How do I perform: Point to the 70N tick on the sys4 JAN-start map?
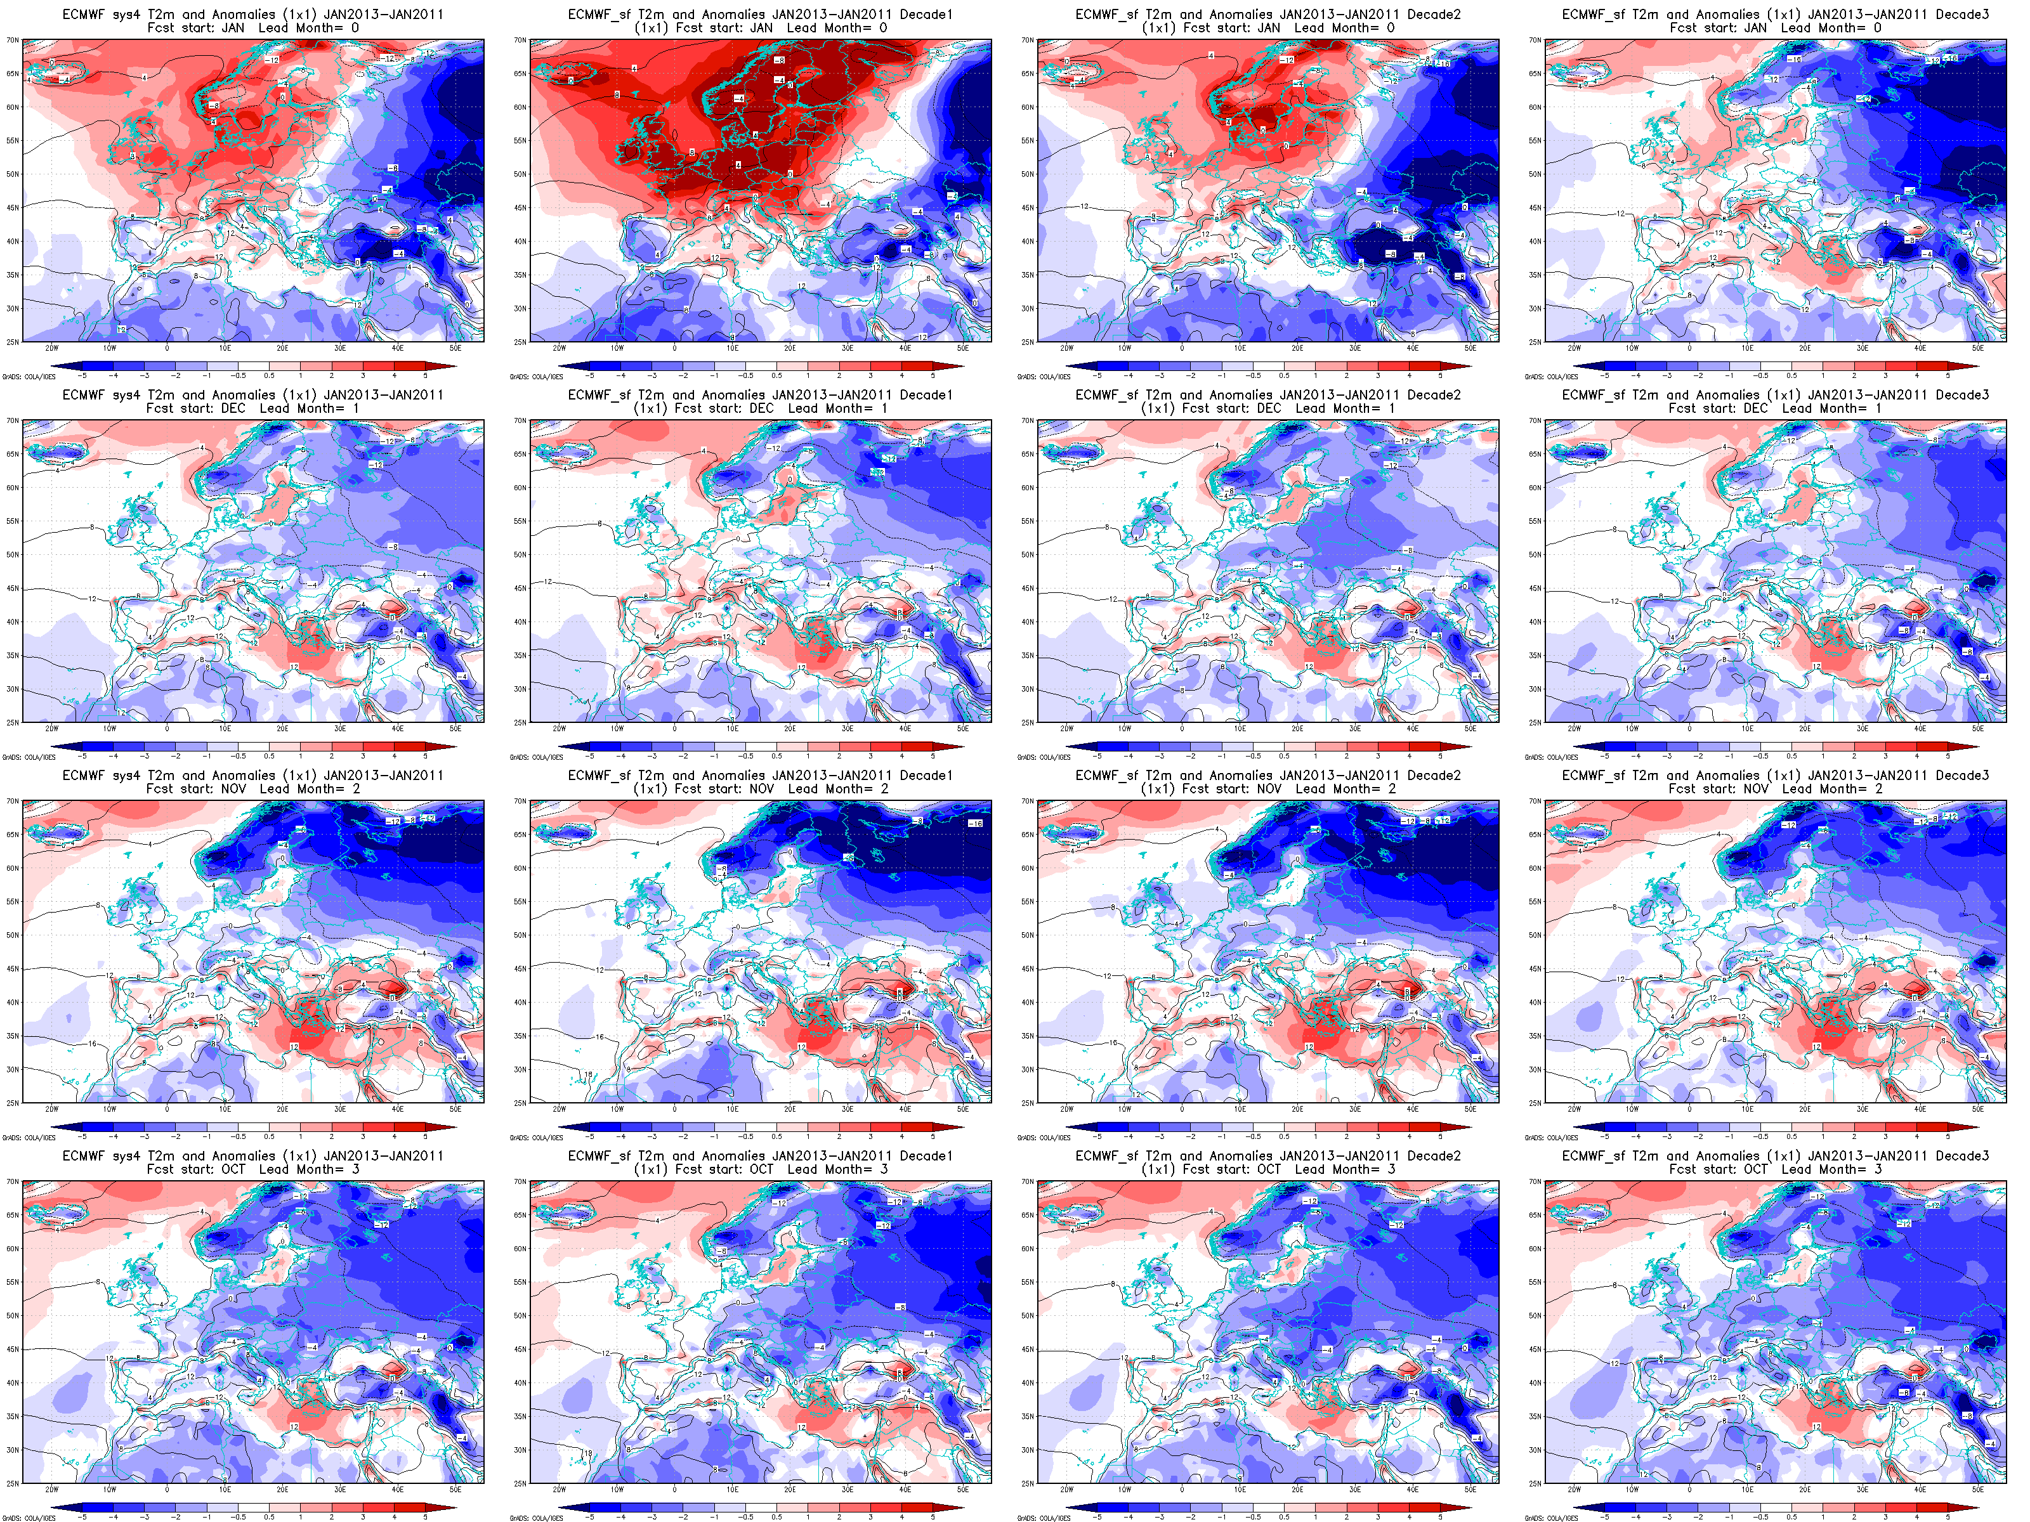[13, 41]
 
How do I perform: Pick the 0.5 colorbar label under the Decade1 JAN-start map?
[776, 375]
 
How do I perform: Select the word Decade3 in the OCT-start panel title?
[1962, 1156]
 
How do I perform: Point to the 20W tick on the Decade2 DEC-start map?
[1066, 729]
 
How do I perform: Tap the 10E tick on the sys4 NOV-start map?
[225, 1109]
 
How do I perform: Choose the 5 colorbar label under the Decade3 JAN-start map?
[1948, 375]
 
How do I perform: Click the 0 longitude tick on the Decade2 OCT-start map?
[1182, 1490]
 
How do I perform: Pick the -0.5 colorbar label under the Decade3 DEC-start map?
[1761, 756]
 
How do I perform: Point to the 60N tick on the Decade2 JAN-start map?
[1028, 107]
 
